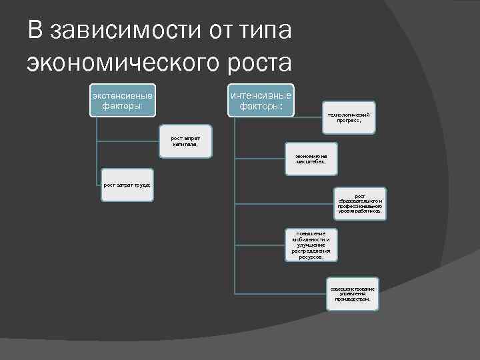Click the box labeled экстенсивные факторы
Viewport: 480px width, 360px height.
click(x=122, y=99)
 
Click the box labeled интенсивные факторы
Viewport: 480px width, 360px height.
click(x=261, y=99)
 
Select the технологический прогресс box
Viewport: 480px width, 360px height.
click(x=349, y=118)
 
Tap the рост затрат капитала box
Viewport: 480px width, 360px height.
click(x=185, y=141)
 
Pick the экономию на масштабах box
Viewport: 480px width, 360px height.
click(x=311, y=159)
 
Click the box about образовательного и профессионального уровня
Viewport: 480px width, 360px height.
click(x=360, y=203)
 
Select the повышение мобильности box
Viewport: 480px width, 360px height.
click(x=311, y=244)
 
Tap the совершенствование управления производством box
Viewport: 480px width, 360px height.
click(x=353, y=293)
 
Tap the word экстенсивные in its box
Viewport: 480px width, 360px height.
click(x=122, y=94)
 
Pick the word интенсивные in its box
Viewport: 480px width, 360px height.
click(x=261, y=94)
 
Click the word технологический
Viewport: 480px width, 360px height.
click(x=349, y=115)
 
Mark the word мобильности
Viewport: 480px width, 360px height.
click(x=311, y=239)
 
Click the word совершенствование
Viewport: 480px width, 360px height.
click(x=353, y=289)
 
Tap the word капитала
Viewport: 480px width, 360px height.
click(x=185, y=143)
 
